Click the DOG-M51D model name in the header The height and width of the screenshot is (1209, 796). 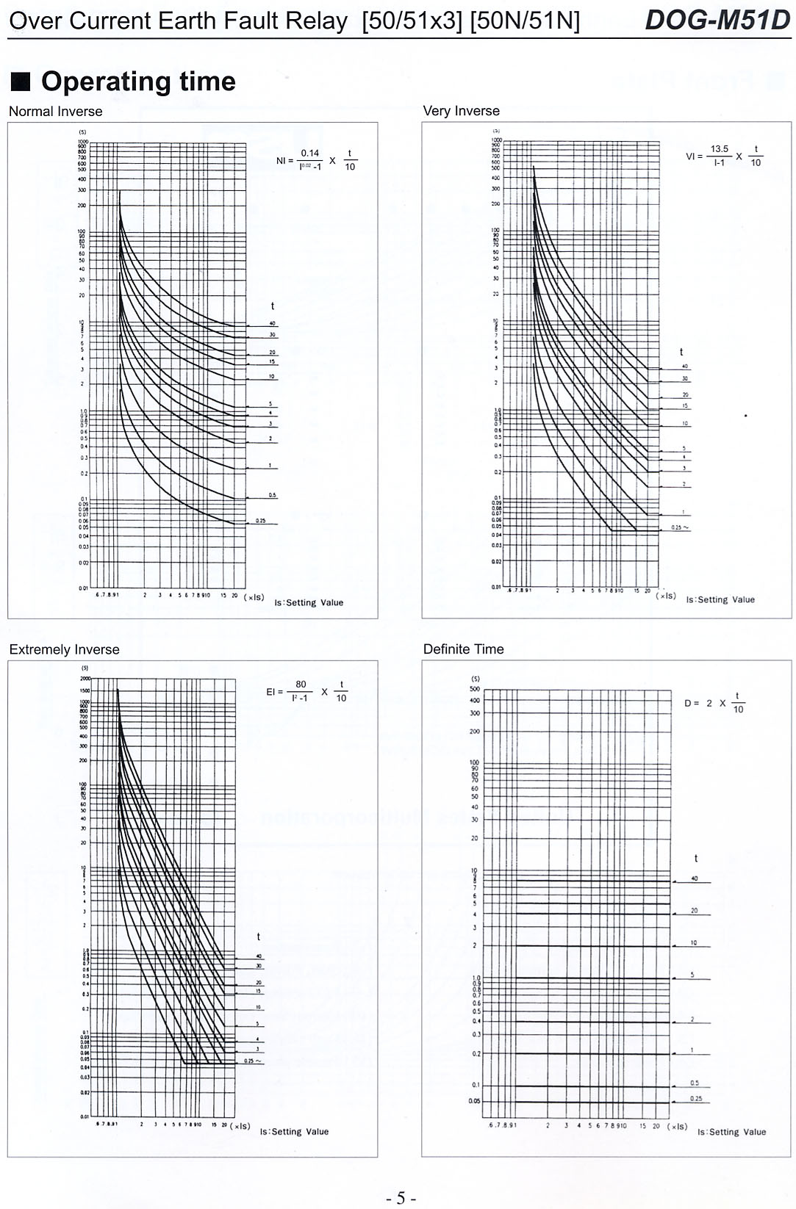717,20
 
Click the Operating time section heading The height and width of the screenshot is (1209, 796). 138,82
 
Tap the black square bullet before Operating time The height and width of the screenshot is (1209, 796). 21,81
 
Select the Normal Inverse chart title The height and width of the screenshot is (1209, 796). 56,112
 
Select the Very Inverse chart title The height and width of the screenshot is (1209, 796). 461,111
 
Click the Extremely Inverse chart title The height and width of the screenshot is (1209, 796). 64,649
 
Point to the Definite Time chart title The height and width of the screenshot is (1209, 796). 463,649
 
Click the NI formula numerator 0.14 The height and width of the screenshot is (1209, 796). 309,154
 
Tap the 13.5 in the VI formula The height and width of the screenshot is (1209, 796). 719,149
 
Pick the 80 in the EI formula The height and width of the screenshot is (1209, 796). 301,685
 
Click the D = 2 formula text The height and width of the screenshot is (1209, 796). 698,703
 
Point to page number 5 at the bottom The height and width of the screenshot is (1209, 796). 401,1198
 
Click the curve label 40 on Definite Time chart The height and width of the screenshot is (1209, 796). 695,878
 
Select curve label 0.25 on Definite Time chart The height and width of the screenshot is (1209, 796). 696,1099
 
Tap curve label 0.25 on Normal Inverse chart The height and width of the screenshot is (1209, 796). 261,521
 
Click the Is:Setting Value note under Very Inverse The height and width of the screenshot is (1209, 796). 720,599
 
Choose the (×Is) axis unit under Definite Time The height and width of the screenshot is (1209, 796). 677,1126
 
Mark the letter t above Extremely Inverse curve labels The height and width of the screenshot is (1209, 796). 258,936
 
